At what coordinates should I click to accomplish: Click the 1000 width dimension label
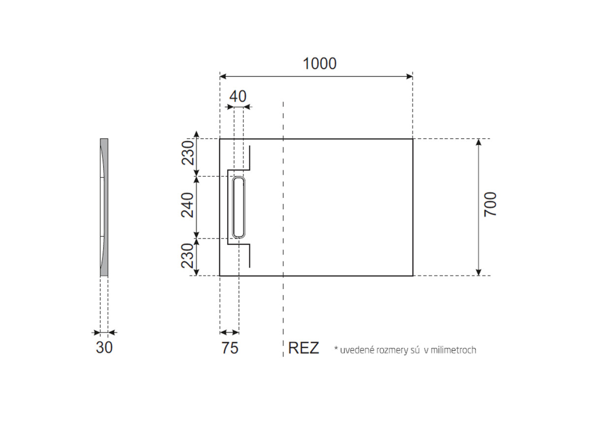320,64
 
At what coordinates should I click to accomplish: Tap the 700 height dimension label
490,204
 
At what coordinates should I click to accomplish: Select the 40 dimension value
238,97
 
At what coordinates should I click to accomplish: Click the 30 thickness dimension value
104,347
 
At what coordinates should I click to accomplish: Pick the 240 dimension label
187,205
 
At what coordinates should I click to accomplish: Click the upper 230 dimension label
188,153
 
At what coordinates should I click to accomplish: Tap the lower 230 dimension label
188,255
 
